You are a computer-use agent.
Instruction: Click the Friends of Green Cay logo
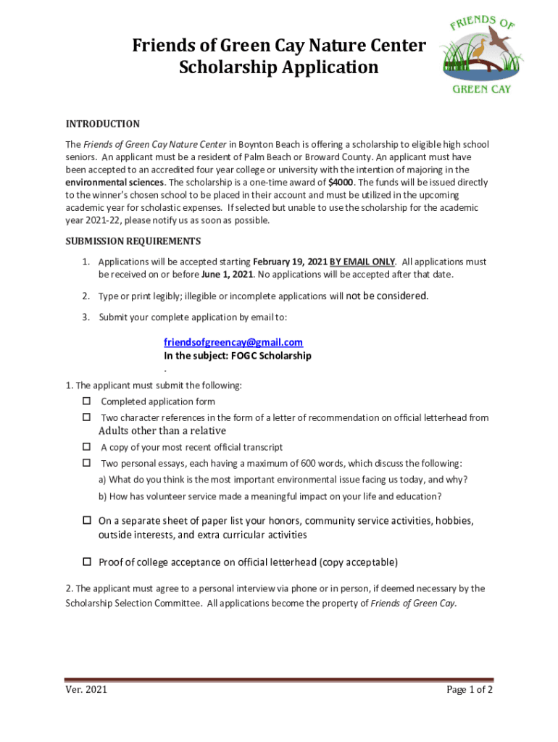pos(481,54)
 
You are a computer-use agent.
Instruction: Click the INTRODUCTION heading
pos(102,124)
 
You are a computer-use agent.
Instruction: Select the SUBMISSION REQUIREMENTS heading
pos(133,241)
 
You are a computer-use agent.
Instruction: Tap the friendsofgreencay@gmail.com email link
pos(233,342)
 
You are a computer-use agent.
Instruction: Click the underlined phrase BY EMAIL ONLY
pos(362,262)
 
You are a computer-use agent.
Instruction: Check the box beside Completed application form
pos(86,401)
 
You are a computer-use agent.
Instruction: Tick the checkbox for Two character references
pos(86,417)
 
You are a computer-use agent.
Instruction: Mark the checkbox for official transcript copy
pos(86,446)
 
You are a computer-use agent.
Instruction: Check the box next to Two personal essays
pos(86,462)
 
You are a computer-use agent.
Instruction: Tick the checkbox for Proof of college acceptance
pos(86,562)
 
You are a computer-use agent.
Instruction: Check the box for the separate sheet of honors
pos(86,520)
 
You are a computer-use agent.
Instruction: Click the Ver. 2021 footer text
pos(86,689)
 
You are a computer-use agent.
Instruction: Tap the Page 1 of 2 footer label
pos(470,689)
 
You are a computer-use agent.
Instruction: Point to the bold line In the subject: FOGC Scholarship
pos(237,356)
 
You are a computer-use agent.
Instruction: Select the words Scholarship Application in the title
pos(278,67)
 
